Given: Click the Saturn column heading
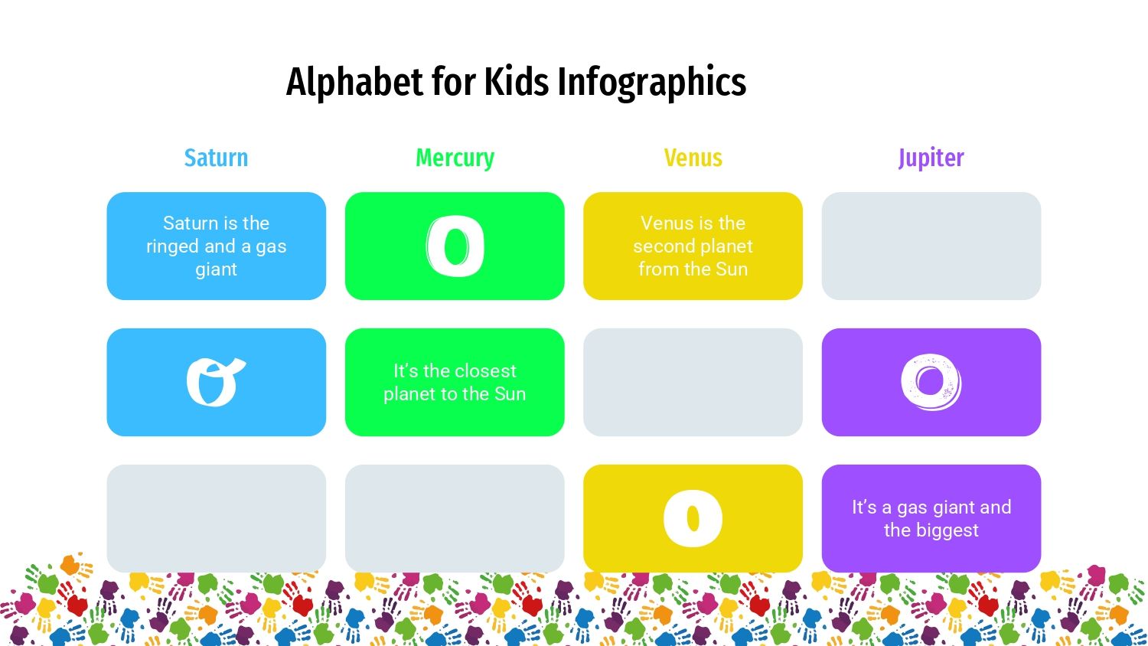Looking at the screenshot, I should coord(216,158).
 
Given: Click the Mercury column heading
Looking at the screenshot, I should coord(455,158).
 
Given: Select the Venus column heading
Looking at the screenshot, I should coord(693,158).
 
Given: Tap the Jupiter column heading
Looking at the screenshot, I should coord(931,158).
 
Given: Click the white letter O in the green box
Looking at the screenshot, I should coord(455,246).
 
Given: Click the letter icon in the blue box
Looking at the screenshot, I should coord(215,382).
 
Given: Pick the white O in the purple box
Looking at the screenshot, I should coord(931,381).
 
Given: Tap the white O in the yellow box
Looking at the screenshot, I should coord(693,519).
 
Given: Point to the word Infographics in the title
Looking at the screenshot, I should coord(651,82).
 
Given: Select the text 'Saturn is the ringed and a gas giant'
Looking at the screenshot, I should coord(216,246).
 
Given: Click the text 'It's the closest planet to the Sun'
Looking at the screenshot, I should coord(455,382).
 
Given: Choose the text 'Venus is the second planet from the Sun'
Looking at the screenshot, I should coord(693,246).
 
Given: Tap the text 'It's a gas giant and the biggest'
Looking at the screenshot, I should coord(931,518).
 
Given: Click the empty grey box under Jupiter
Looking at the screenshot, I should coord(931,246).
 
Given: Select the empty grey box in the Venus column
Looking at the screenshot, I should coord(693,382).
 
